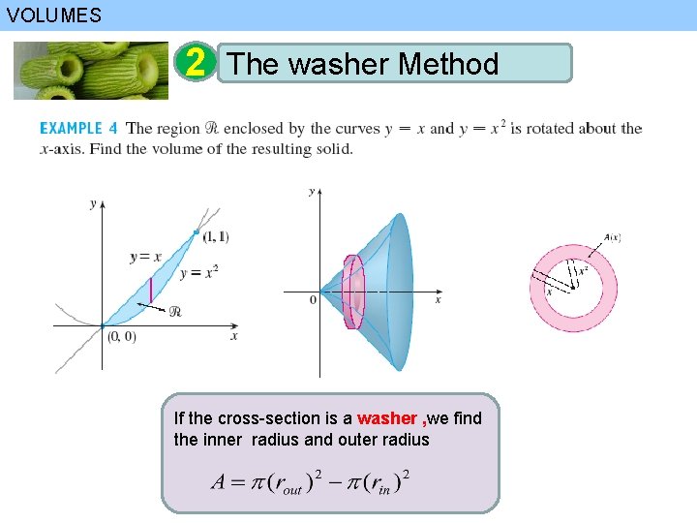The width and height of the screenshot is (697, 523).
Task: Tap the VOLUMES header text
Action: click(52, 15)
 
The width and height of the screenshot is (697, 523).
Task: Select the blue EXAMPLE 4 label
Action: click(78, 128)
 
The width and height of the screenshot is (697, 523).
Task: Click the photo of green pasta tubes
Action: click(91, 70)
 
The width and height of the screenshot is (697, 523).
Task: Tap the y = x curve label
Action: click(145, 257)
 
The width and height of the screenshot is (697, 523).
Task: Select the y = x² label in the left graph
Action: click(198, 273)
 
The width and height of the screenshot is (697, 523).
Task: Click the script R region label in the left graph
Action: click(175, 311)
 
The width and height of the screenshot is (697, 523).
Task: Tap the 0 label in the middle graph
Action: click(313, 300)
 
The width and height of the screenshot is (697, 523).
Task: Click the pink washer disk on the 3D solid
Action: click(352, 292)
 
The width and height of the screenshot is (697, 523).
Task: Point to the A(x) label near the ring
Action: click(612, 237)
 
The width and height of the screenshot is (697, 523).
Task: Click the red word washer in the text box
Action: click(387, 418)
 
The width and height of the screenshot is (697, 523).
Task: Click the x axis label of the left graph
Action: click(234, 336)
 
